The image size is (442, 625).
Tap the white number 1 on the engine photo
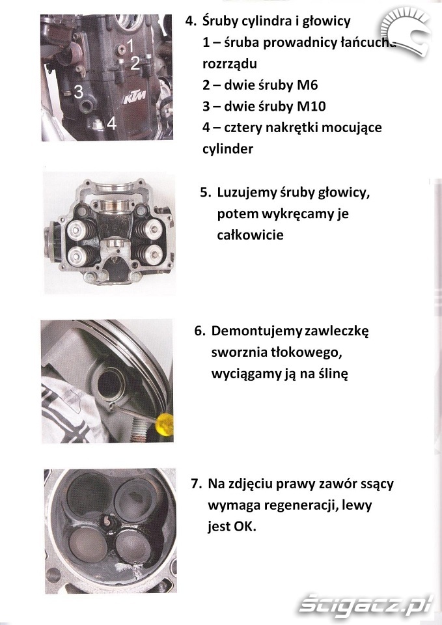click(130, 46)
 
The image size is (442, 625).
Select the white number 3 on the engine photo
click(79, 92)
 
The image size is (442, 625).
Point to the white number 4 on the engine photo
click(111, 123)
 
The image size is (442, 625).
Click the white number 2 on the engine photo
click(135, 63)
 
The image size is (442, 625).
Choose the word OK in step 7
click(244, 527)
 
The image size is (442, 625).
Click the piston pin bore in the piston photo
click(109, 382)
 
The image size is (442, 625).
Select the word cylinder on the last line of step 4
click(228, 149)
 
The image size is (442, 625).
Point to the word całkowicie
click(251, 235)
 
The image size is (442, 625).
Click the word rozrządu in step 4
click(230, 64)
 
